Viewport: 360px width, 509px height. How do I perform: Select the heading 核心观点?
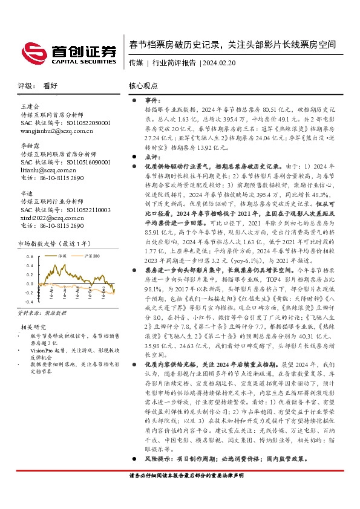tap(143, 86)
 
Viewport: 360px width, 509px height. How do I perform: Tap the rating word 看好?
tap(50, 86)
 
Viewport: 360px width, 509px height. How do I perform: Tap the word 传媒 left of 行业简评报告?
tap(136, 62)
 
